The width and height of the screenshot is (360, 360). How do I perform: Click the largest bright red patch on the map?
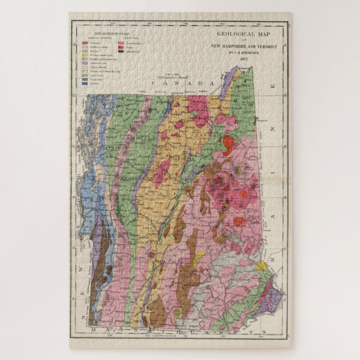(x=228, y=145)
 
